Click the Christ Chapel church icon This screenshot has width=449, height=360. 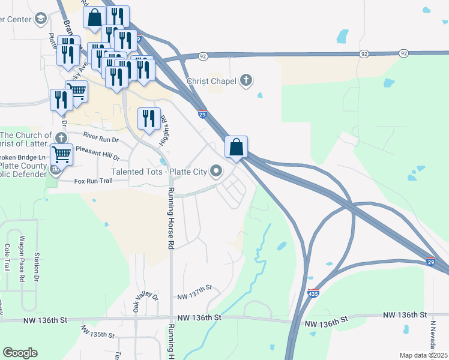click(246, 80)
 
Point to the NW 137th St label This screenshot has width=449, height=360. click(195, 289)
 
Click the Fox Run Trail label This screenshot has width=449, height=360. click(93, 181)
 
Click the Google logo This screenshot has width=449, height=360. click(20, 353)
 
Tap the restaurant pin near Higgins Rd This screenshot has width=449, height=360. click(149, 118)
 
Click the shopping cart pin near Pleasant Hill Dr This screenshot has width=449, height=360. click(61, 154)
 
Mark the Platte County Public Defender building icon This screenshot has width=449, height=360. click(56, 170)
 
